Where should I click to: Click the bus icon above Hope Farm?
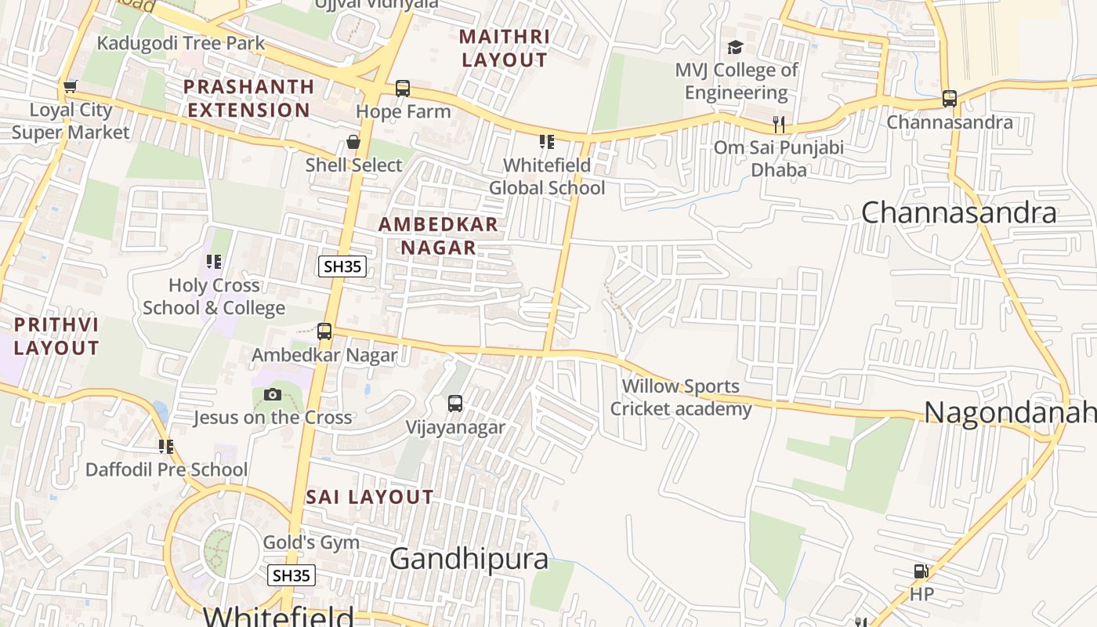(403, 88)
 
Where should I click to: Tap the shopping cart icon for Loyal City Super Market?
(71, 86)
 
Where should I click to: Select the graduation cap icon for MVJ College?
(735, 48)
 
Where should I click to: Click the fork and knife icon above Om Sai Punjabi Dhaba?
(778, 124)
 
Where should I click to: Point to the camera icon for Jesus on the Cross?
(273, 394)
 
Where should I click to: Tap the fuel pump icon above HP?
(921, 571)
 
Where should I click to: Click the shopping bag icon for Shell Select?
(353, 142)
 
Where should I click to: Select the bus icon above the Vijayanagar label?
(455, 404)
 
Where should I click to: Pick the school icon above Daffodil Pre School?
(166, 446)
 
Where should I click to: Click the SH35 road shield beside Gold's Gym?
(291, 575)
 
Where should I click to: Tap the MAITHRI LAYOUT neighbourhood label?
(505, 49)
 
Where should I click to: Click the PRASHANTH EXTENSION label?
(249, 98)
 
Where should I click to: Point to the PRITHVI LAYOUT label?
(56, 336)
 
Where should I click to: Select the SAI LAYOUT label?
(370, 497)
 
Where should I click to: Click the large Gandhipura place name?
(469, 559)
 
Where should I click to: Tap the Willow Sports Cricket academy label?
(680, 397)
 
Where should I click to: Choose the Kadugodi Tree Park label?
(181, 42)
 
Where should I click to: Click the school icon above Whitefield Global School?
(546, 142)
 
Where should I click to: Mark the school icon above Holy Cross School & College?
(213, 262)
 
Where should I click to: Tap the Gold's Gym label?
(311, 542)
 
